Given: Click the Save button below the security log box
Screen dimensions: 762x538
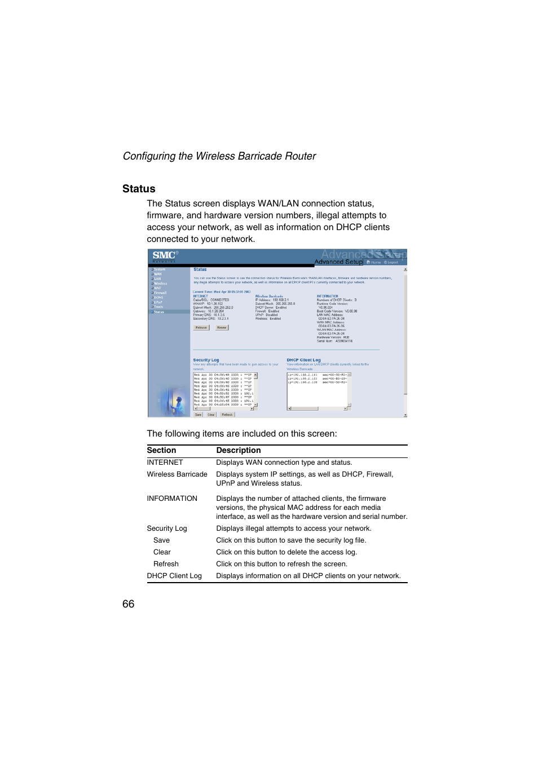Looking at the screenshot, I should [198, 415].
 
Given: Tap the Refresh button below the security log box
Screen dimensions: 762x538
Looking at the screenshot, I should [227, 415].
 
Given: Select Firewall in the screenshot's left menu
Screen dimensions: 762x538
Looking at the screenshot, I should [160, 293].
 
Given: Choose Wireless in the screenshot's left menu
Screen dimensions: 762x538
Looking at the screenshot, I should [160, 284].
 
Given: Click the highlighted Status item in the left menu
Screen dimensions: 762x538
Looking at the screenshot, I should [159, 312].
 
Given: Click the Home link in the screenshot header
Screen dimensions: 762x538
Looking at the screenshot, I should [375, 262].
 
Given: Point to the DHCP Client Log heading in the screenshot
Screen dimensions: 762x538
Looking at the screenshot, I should [303, 360].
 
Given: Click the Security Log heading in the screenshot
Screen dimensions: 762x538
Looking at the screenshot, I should [206, 360].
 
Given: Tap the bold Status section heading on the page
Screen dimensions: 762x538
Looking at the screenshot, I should [139, 189].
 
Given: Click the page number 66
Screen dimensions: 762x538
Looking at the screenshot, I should [128, 604].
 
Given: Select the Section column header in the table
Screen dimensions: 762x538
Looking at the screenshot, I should [161, 450].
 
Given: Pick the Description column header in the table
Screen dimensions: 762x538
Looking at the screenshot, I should [238, 450].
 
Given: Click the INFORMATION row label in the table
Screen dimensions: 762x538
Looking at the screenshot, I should [172, 499].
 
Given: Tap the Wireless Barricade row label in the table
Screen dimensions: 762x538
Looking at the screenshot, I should [177, 474].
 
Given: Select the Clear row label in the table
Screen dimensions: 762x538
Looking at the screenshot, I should [162, 552].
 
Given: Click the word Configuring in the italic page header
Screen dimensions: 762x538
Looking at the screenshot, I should [149, 156].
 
